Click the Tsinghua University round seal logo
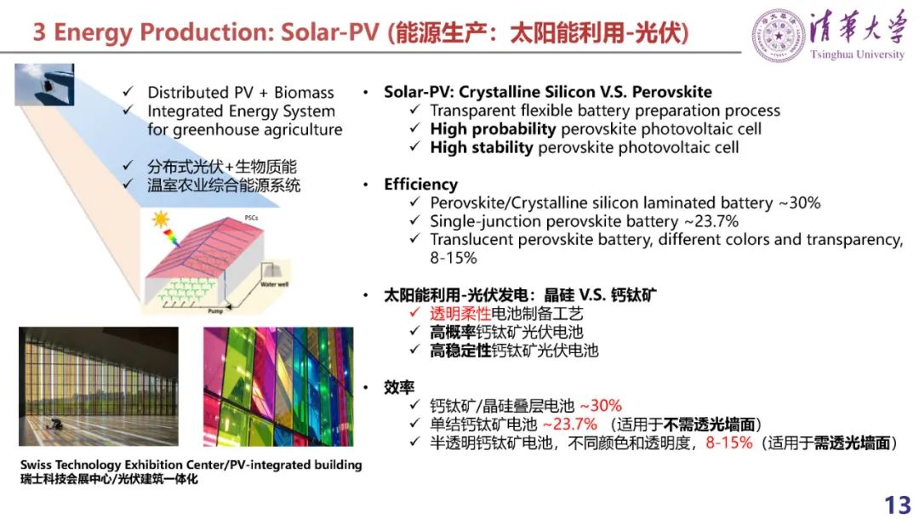tap(779, 36)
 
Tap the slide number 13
tap(898, 505)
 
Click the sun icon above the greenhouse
tap(160, 220)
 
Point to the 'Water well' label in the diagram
tap(274, 284)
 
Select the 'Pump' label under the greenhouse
tap(215, 311)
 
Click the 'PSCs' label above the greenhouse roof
tap(251, 218)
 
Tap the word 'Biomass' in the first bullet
tap(304, 93)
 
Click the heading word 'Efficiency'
tap(421, 185)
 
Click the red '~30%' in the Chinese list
tap(601, 405)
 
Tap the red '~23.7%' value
tap(569, 424)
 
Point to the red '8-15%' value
tap(729, 442)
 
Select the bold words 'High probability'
tap(493, 128)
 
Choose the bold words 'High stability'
tap(482, 147)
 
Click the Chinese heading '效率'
tap(399, 387)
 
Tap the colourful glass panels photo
tap(278, 386)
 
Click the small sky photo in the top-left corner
tap(44, 84)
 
